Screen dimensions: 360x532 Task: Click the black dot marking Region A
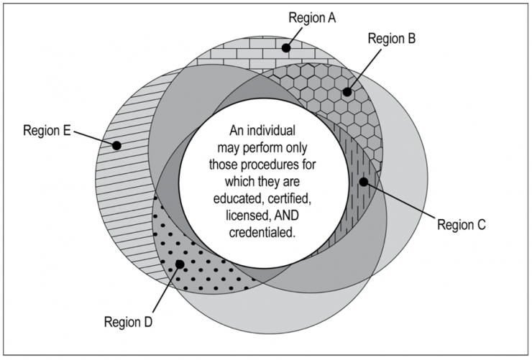tap(286, 48)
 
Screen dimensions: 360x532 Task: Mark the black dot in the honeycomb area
tap(347, 92)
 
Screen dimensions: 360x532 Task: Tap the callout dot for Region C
tap(364, 182)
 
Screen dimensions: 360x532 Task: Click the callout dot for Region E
tap(117, 145)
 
